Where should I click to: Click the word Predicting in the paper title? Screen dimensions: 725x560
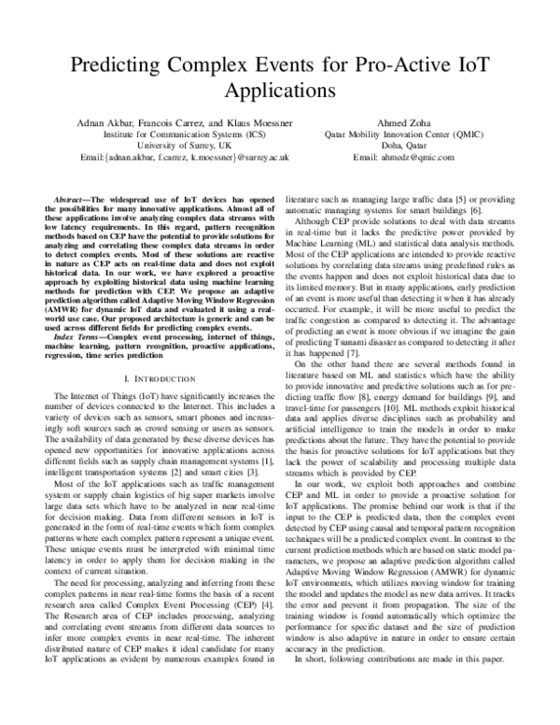click(119, 66)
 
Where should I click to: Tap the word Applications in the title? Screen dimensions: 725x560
click(280, 93)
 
